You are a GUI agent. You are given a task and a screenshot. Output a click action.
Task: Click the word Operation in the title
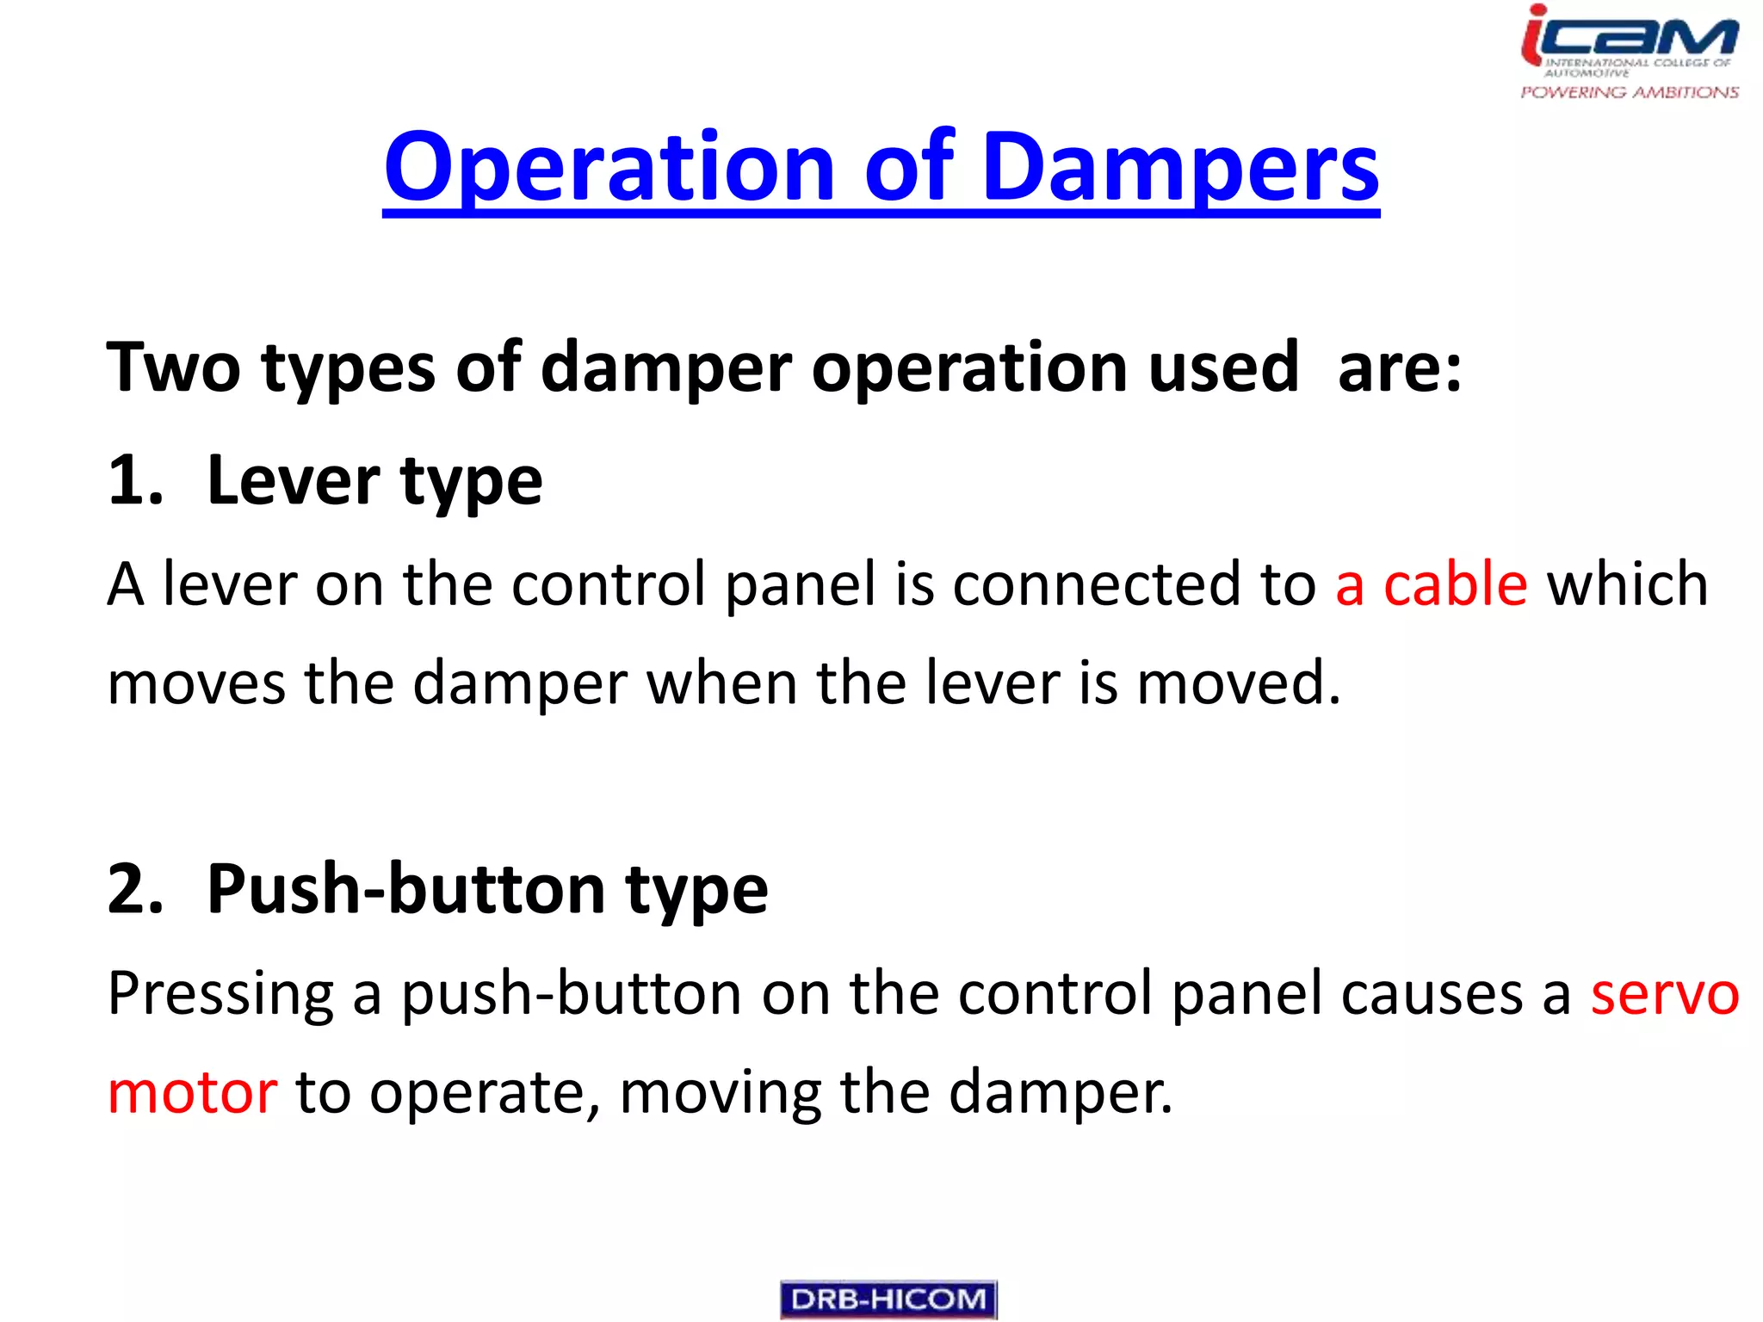point(609,168)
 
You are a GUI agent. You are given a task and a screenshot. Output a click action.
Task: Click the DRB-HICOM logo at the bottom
point(888,1299)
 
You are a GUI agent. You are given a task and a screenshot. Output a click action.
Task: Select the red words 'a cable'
point(1431,584)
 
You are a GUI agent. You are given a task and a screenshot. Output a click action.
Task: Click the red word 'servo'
point(1664,993)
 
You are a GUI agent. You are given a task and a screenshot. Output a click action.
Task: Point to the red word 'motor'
point(192,1092)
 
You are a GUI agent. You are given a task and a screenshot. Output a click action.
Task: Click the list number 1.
point(134,480)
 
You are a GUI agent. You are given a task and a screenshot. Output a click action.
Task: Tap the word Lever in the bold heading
point(293,480)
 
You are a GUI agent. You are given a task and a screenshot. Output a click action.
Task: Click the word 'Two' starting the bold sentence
point(173,368)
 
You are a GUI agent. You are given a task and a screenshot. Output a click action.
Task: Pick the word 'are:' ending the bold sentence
point(1399,368)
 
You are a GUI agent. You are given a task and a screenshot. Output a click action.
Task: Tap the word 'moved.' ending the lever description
point(1239,683)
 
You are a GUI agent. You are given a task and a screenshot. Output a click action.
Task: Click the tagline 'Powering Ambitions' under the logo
point(1629,92)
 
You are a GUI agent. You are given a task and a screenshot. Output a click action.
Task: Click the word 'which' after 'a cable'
point(1627,584)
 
